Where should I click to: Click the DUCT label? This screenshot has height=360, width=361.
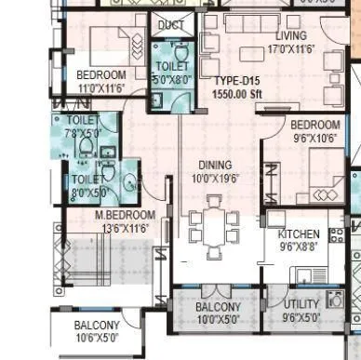click(170, 25)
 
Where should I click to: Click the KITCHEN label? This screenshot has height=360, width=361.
click(300, 234)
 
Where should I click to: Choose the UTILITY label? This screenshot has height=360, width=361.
click(301, 304)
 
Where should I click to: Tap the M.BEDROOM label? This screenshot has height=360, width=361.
click(125, 215)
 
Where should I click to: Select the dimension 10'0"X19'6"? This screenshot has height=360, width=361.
click(215, 178)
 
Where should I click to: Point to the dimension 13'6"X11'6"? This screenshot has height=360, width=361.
click(124, 227)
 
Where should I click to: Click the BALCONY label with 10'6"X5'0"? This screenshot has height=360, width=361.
click(97, 325)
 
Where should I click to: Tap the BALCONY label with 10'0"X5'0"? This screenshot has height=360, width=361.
click(219, 307)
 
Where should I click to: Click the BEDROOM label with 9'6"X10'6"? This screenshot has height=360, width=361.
click(314, 125)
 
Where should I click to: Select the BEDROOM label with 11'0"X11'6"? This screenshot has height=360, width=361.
click(101, 74)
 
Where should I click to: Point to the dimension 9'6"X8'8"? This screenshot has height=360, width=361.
click(300, 247)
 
